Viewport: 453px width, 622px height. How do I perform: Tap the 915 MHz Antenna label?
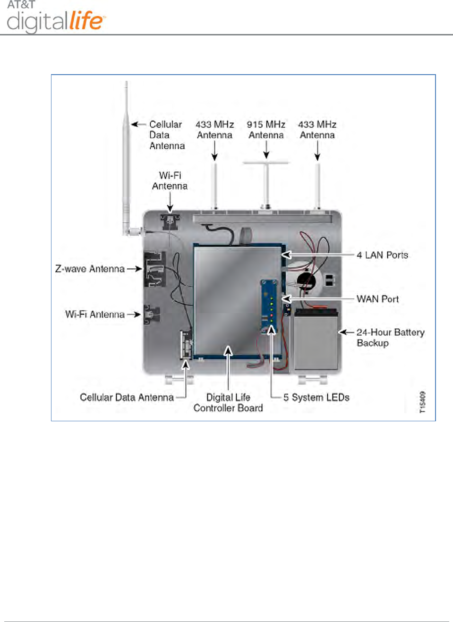click(266, 130)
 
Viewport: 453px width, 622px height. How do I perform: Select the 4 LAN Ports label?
click(382, 255)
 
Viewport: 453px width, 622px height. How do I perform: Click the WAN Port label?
click(377, 299)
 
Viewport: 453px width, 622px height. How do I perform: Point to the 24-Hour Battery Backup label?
click(390, 337)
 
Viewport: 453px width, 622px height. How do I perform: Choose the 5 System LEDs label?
click(316, 398)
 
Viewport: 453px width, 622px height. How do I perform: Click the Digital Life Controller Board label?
click(228, 403)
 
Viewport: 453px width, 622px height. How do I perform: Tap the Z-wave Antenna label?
click(90, 269)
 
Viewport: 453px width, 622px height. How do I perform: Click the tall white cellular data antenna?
click(126, 156)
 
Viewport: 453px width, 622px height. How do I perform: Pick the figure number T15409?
click(423, 402)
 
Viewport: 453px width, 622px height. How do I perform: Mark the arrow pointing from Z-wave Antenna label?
click(135, 269)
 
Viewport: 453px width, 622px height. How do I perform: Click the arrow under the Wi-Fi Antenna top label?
click(170, 203)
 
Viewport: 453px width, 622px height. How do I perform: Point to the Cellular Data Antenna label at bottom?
click(127, 398)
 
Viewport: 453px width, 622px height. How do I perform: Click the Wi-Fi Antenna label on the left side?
click(95, 315)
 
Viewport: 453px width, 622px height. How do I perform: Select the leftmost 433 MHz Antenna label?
click(214, 130)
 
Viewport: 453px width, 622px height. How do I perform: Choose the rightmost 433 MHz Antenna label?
click(317, 130)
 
